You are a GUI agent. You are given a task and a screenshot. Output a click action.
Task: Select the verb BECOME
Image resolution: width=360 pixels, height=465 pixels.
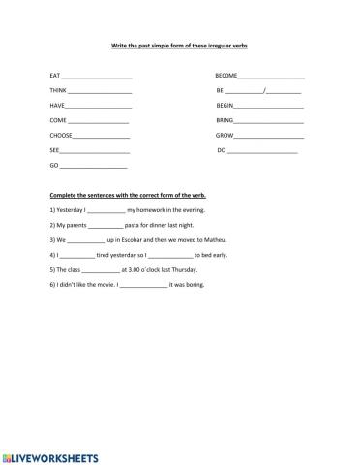point(226,76)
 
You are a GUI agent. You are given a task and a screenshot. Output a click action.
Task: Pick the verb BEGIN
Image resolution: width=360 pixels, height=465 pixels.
point(225,106)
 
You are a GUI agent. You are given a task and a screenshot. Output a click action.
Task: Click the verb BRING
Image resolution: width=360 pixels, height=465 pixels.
point(225,121)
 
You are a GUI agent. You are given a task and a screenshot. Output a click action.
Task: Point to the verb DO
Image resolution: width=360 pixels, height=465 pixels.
point(221,152)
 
